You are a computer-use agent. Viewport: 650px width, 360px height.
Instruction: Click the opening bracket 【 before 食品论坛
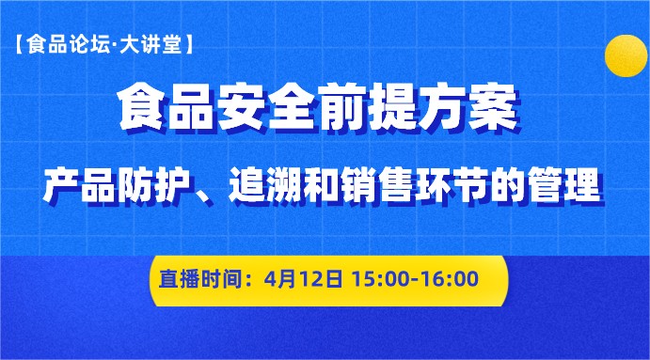21,43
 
